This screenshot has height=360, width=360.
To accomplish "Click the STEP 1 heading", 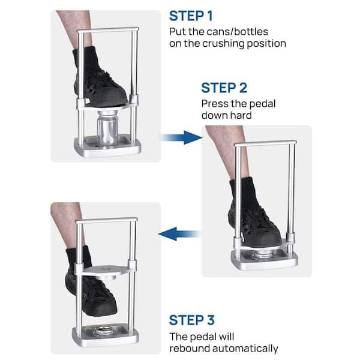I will (x=191, y=16).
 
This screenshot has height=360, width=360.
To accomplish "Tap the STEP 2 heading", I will (x=224, y=88).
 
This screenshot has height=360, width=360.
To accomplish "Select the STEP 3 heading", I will (x=192, y=320).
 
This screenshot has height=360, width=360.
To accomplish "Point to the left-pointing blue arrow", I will (x=179, y=233).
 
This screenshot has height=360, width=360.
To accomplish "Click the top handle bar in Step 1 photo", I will (x=107, y=31).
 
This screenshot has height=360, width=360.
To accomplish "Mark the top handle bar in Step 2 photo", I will (x=265, y=143).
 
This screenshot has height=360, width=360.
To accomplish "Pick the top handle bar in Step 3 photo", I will (x=106, y=220).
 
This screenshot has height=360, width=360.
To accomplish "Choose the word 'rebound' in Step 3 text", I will (x=189, y=348).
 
